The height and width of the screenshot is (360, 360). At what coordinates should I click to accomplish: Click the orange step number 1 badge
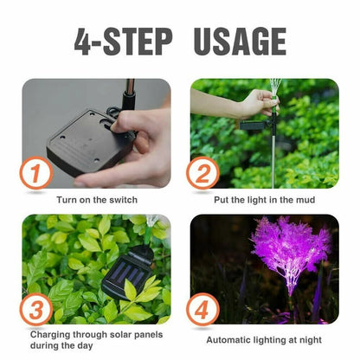tap(36, 173)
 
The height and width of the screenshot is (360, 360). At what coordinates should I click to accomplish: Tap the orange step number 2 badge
tap(202, 173)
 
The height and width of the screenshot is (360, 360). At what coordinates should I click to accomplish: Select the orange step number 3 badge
tap(36, 310)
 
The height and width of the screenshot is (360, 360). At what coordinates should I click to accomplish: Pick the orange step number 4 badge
tap(202, 310)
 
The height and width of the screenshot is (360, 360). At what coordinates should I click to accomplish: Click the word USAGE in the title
tap(240, 42)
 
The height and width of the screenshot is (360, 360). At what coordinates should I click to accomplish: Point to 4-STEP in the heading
tap(123, 42)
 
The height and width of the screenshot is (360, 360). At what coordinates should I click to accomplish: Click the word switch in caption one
tap(125, 200)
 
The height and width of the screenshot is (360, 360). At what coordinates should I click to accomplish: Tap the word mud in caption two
tap(305, 200)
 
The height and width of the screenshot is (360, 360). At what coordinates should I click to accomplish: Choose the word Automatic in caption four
tap(229, 340)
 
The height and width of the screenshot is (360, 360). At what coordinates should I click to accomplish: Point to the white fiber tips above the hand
tap(275, 87)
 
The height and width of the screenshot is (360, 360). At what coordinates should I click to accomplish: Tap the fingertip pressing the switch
tap(116, 125)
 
